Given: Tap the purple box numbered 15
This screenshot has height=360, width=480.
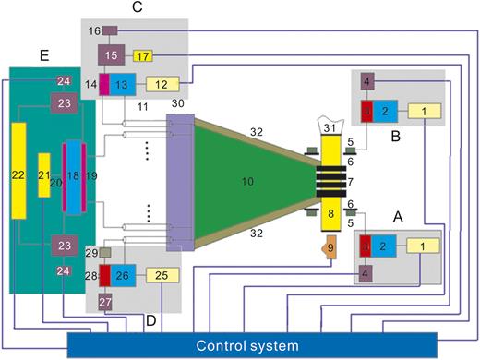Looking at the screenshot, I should [x=110, y=55].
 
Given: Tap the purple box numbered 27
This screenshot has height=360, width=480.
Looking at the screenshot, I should [x=105, y=302].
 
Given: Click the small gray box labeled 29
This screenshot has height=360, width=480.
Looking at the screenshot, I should [x=105, y=253].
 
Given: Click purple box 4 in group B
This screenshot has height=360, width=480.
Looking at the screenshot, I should [x=367, y=82].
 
